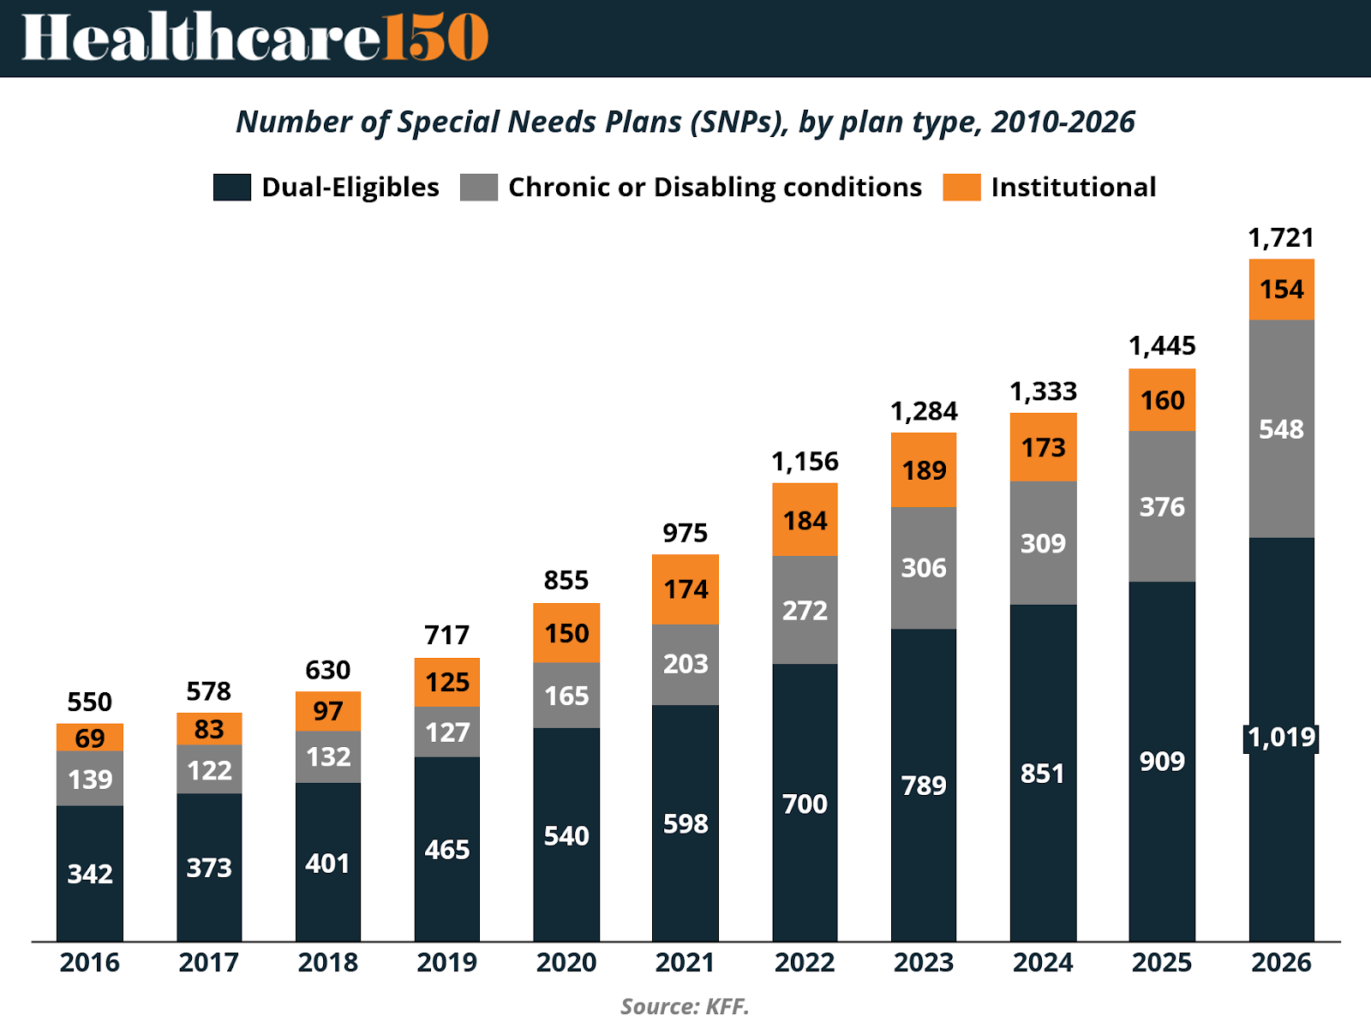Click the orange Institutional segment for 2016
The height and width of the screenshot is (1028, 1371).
(x=90, y=738)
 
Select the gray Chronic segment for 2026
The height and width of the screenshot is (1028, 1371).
(x=1281, y=428)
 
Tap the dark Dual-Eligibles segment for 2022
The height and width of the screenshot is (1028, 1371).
(x=805, y=803)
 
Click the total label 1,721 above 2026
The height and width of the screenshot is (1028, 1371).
(x=1281, y=237)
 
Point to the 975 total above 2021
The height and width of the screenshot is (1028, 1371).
(x=685, y=533)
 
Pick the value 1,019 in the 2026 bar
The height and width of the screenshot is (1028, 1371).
(x=1281, y=738)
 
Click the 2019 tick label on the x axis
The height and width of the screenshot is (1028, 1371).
(x=447, y=963)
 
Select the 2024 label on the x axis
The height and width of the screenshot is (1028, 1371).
(x=1043, y=963)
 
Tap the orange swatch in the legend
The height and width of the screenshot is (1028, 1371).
(x=961, y=188)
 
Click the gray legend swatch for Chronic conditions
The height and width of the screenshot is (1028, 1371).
(x=479, y=188)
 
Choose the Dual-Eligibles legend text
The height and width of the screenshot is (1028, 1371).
(x=350, y=188)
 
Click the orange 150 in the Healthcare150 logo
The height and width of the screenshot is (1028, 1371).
(x=435, y=38)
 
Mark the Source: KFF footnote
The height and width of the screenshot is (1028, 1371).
(x=685, y=1006)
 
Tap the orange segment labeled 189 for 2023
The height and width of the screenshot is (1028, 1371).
(x=924, y=470)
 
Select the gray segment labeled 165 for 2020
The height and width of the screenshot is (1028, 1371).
(x=566, y=695)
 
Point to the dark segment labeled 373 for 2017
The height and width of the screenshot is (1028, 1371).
(x=209, y=868)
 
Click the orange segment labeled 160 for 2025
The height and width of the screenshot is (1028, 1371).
(x=1162, y=400)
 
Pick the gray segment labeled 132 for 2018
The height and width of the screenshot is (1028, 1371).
(x=328, y=756)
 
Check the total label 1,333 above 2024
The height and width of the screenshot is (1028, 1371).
(x=1043, y=391)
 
